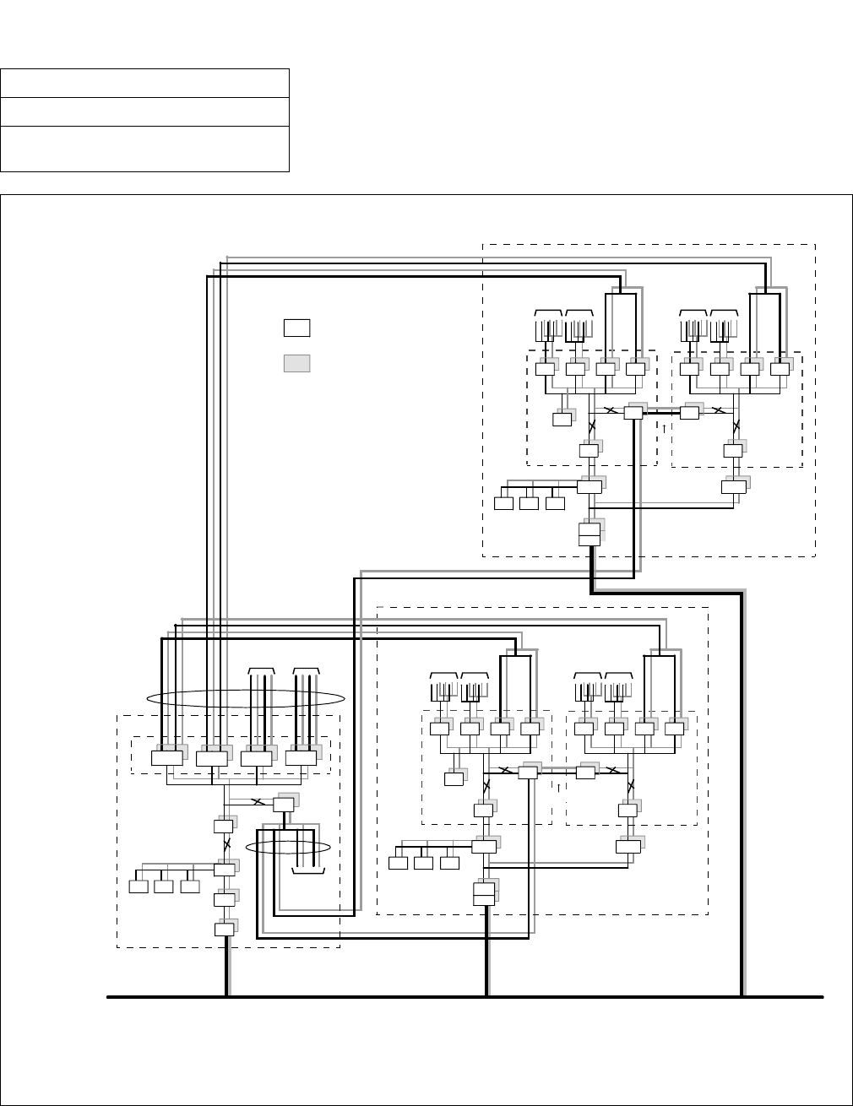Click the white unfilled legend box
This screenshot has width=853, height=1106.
coord(296,328)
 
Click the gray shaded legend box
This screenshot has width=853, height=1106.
coord(296,363)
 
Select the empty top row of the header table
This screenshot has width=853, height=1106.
coord(145,83)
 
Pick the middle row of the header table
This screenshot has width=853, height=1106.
coord(145,111)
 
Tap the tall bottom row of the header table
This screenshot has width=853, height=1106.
coord(145,149)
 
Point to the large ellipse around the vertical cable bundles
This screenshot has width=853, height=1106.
coord(246,697)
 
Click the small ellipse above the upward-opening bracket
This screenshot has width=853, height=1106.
coord(287,847)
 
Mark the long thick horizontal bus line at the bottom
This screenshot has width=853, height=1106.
coord(465,997)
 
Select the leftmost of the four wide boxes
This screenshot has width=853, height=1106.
coord(166,758)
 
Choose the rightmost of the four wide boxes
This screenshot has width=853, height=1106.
coord(301,758)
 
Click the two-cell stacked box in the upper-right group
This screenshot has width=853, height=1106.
coord(589,534)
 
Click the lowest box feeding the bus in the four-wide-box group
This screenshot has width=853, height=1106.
coord(224,930)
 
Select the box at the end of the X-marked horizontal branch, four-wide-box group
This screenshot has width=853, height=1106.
coord(283,805)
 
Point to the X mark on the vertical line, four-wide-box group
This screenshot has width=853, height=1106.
coord(225,844)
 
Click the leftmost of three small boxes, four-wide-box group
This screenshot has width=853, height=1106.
coord(139,886)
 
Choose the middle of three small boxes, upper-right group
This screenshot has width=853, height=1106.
coord(529,504)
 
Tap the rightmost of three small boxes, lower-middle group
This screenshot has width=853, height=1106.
coord(450,863)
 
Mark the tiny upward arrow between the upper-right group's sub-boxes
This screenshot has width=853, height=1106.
coord(664,427)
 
